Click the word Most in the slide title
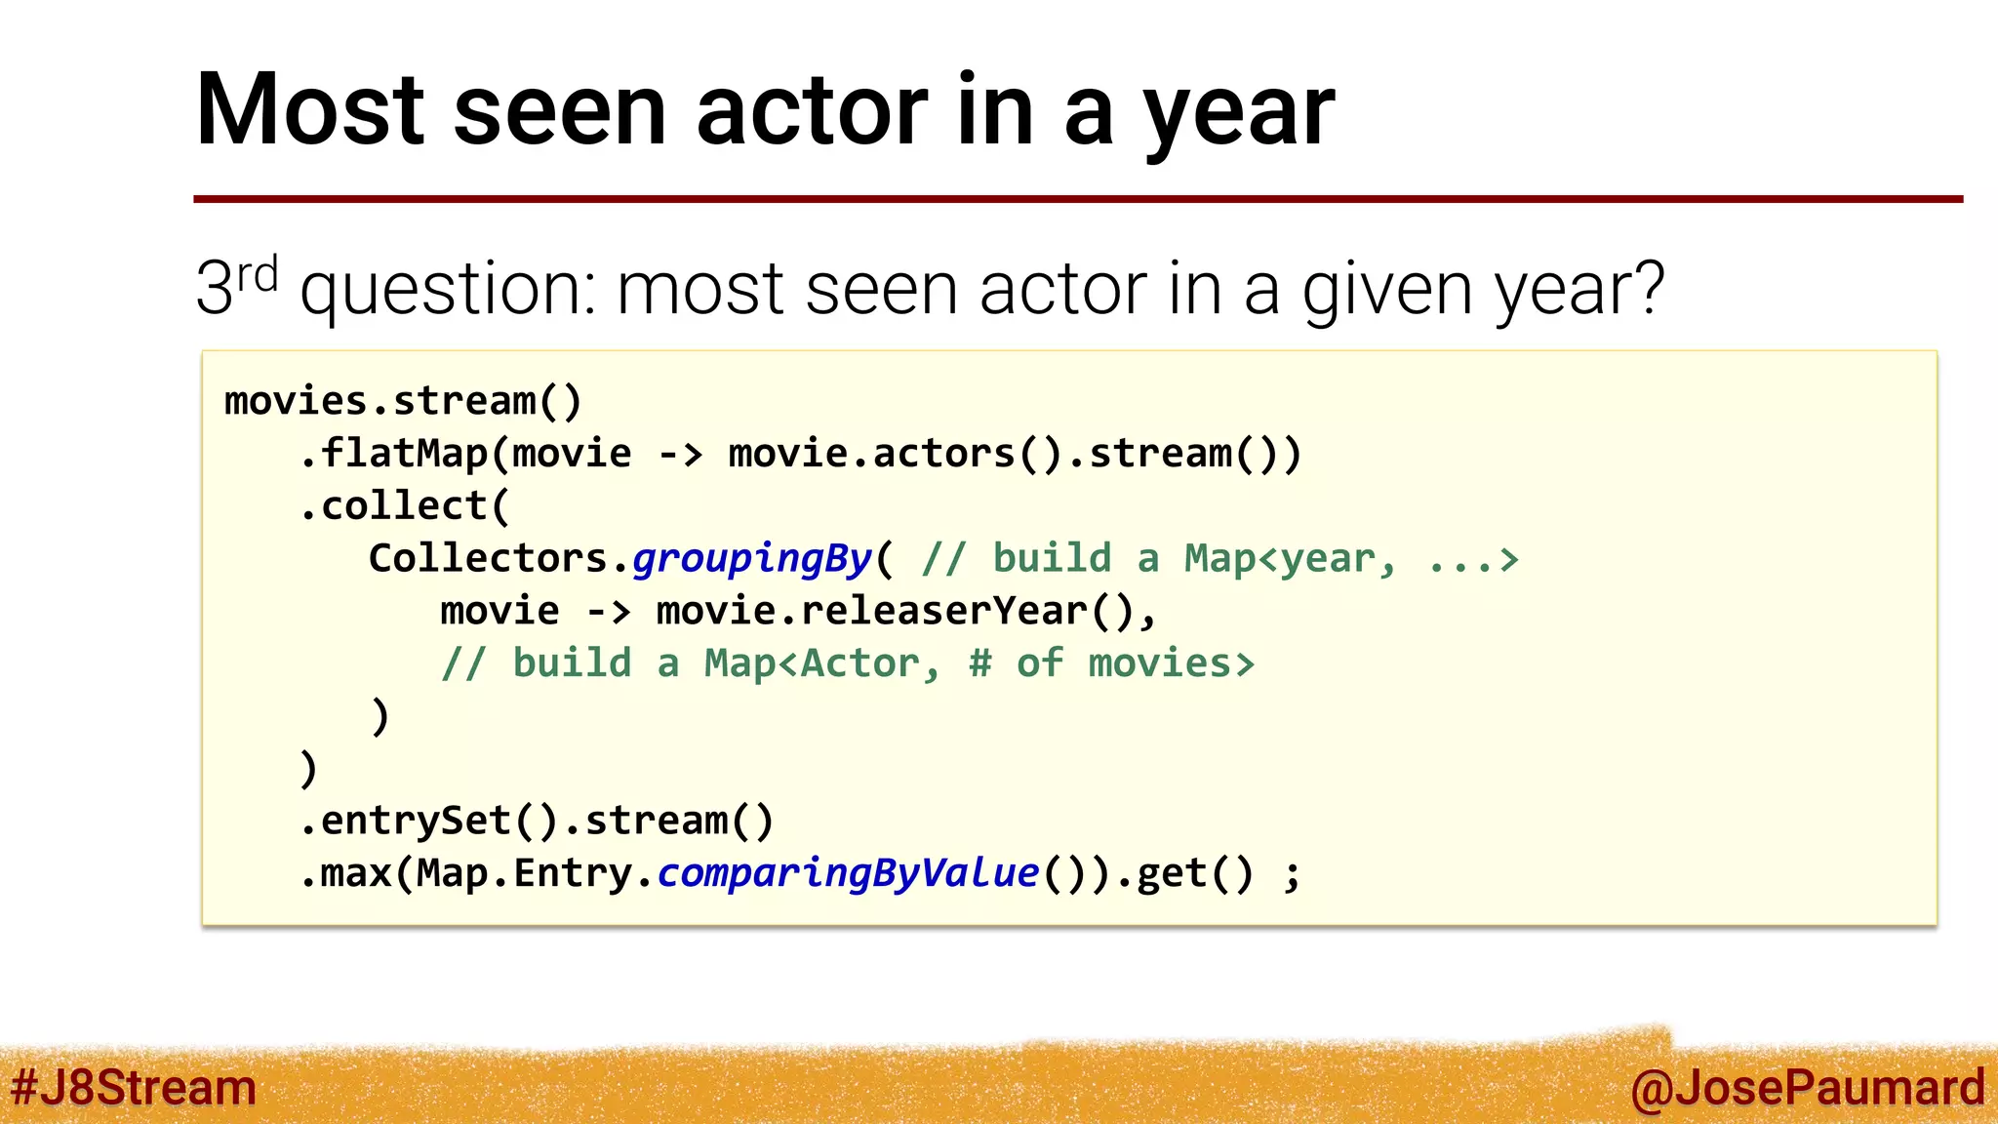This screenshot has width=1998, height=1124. tap(310, 110)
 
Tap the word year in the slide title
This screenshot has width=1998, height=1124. tap(1239, 115)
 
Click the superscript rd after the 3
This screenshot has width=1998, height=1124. tap(258, 275)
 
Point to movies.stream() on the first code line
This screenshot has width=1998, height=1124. tap(403, 401)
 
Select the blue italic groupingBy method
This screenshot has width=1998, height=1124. tap(751, 559)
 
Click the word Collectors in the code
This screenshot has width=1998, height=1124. tap(488, 559)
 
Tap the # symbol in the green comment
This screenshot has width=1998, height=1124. tap(979, 663)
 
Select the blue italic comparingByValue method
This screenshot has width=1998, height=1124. tap(848, 873)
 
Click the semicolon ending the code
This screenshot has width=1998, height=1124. tap(1292, 875)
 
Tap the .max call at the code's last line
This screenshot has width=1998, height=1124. tap(345, 873)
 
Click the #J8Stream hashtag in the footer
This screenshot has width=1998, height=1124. tap(134, 1087)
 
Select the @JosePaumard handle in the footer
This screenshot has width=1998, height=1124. tap(1807, 1088)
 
